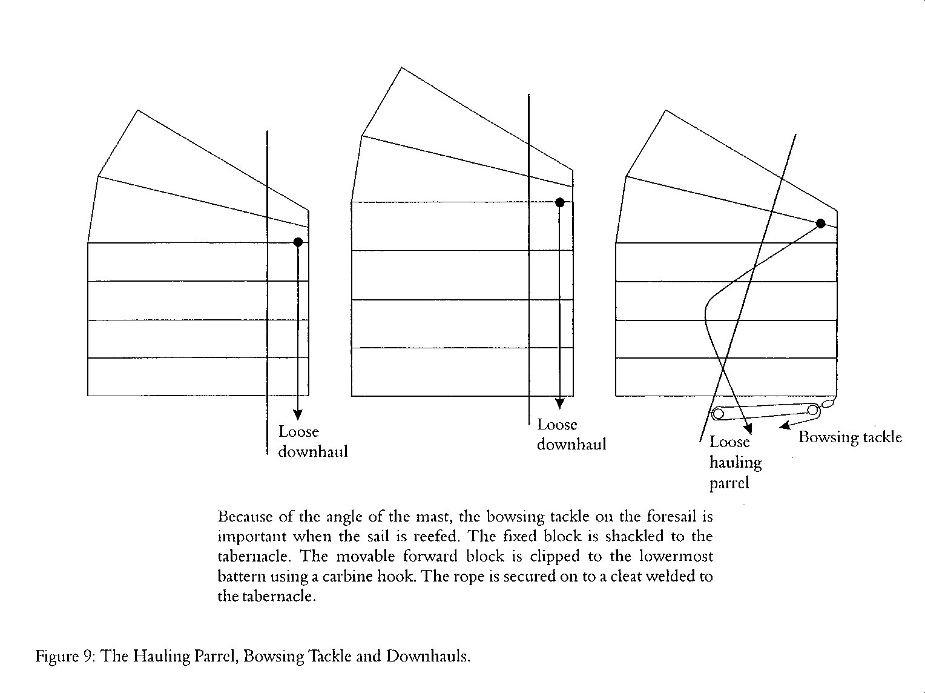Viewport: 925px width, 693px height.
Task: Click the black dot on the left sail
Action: (x=298, y=242)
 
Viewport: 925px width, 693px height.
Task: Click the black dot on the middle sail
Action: (x=559, y=202)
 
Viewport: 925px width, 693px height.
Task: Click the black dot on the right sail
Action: (x=820, y=224)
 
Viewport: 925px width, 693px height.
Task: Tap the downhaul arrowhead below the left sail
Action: (x=298, y=414)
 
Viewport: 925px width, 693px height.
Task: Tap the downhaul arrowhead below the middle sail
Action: (x=559, y=403)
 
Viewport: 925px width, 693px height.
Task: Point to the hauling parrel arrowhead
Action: (x=748, y=428)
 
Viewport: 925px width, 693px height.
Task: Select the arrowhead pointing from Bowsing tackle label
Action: (x=784, y=426)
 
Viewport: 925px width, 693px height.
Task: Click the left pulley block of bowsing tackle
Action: (x=718, y=414)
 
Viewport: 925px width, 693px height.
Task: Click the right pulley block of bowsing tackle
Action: (x=813, y=409)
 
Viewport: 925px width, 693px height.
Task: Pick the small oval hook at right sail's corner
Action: (x=828, y=403)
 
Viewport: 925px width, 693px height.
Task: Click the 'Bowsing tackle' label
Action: (x=850, y=437)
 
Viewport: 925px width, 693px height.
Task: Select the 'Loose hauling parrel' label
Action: (x=736, y=462)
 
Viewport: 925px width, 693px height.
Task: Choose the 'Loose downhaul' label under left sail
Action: (x=313, y=442)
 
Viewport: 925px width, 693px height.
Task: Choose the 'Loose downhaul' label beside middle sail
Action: (x=571, y=434)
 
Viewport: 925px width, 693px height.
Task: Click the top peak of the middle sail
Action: (x=401, y=67)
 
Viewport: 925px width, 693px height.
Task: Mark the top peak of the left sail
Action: (x=138, y=110)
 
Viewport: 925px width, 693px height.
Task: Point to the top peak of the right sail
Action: (x=665, y=110)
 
